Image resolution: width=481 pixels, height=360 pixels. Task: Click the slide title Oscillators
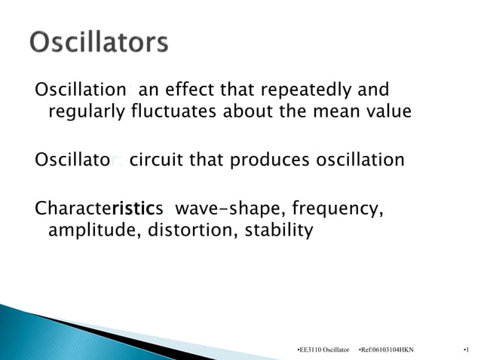(x=99, y=43)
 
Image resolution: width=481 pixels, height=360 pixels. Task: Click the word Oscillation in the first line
(x=80, y=90)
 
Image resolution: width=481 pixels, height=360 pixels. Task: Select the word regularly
(x=87, y=112)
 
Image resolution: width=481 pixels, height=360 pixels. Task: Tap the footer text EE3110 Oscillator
(x=325, y=350)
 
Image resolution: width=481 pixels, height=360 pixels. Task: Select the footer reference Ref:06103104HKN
(x=387, y=350)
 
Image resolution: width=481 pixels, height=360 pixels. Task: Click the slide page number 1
(x=467, y=350)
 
